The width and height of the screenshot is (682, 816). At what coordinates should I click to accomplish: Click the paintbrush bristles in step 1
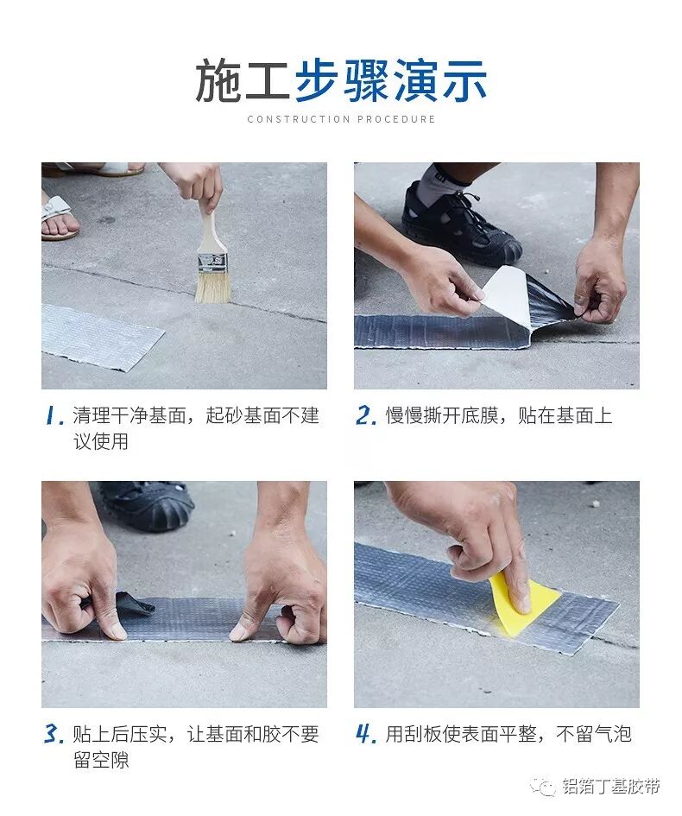(212, 286)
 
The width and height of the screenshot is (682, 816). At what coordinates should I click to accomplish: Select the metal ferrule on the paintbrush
(212, 263)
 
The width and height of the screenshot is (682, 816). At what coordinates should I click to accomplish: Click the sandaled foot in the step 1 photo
(58, 217)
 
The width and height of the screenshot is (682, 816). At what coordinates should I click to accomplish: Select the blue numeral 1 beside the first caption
(54, 416)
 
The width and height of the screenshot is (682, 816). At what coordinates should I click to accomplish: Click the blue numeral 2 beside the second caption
(366, 416)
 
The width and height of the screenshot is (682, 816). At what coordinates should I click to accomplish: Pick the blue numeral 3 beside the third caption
(54, 734)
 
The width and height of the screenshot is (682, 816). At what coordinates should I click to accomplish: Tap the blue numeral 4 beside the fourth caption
(366, 734)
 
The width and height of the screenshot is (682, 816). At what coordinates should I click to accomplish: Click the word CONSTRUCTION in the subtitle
(299, 119)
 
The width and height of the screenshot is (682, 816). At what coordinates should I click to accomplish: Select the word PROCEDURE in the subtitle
(396, 119)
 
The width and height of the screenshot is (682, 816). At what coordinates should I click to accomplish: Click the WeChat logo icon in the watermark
(543, 787)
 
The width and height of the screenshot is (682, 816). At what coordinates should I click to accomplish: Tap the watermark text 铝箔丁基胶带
(611, 786)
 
